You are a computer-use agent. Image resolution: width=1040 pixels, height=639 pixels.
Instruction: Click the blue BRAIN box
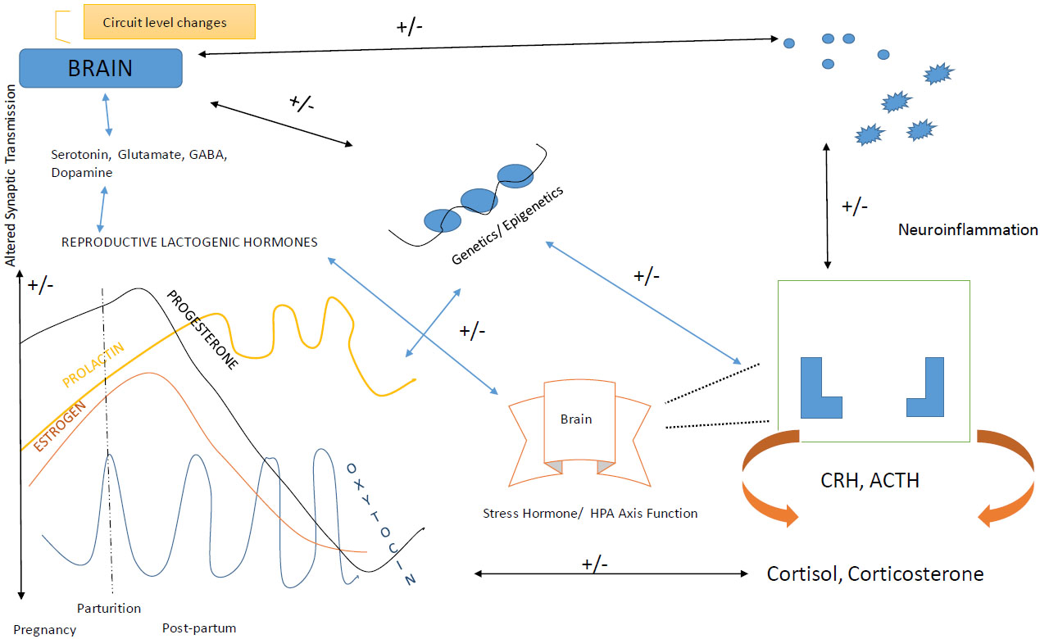[100, 67]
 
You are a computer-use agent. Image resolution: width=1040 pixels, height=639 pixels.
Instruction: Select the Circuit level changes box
[169, 22]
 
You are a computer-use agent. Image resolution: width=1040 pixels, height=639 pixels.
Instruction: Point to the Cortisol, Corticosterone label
[874, 573]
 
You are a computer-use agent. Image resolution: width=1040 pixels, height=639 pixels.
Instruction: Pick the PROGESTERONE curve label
[202, 329]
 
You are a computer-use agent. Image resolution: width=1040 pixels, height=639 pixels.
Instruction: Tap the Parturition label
[109, 608]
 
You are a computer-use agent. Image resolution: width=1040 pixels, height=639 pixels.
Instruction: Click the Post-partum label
[199, 628]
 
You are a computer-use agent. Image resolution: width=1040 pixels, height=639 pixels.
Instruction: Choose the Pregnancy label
[44, 630]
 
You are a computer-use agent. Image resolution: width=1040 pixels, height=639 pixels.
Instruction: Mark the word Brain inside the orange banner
[575, 419]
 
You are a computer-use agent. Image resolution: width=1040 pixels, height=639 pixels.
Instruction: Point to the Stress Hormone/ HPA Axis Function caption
[590, 514]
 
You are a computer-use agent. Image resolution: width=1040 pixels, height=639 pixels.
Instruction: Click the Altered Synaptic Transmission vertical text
[11, 184]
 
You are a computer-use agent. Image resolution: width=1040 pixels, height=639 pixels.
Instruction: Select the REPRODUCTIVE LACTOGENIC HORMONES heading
[189, 242]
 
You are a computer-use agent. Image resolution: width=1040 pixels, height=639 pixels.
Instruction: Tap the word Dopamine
[81, 174]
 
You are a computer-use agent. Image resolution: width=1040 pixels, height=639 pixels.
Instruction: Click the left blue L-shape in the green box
[819, 388]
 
